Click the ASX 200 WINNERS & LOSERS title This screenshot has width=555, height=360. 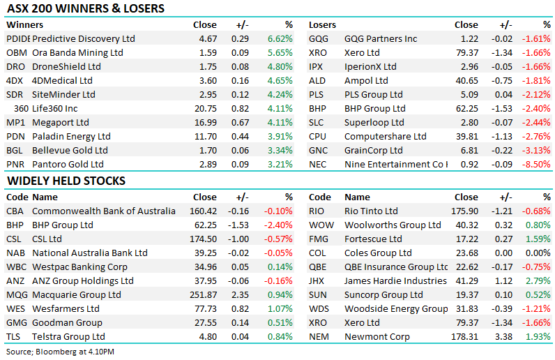pyautogui.click(x=86, y=8)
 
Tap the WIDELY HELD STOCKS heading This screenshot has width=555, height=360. pyautogui.click(x=66, y=181)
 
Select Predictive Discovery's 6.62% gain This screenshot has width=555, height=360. pyautogui.click(x=280, y=38)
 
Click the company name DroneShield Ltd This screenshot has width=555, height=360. pyautogui.click(x=66, y=66)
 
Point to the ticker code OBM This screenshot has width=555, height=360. pyautogui.click(x=17, y=53)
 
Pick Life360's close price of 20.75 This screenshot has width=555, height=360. pyautogui.click(x=205, y=108)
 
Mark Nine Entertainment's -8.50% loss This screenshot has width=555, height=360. pyautogui.click(x=536, y=165)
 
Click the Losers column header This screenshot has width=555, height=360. pyautogui.click(x=322, y=25)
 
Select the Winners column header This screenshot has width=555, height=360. pyautogui.click(x=25, y=25)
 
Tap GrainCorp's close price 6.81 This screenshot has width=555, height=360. pyautogui.click(x=469, y=150)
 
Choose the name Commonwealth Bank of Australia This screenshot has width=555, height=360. pyautogui.click(x=104, y=211)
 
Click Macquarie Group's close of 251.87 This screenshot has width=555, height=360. pyautogui.click(x=203, y=295)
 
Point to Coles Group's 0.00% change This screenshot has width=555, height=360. pyautogui.click(x=538, y=253)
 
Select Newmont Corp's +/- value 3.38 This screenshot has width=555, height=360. pyautogui.click(x=504, y=336)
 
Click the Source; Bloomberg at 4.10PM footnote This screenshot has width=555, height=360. pyautogui.click(x=60, y=352)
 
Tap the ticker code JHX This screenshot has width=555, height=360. pyautogui.click(x=317, y=281)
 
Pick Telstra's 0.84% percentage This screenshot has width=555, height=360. pyautogui.click(x=280, y=336)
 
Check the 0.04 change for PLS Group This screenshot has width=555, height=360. pyautogui.click(x=504, y=95)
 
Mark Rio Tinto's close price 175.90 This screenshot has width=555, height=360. pyautogui.click(x=465, y=211)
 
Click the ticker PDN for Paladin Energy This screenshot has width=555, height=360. pyautogui.click(x=15, y=137)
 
